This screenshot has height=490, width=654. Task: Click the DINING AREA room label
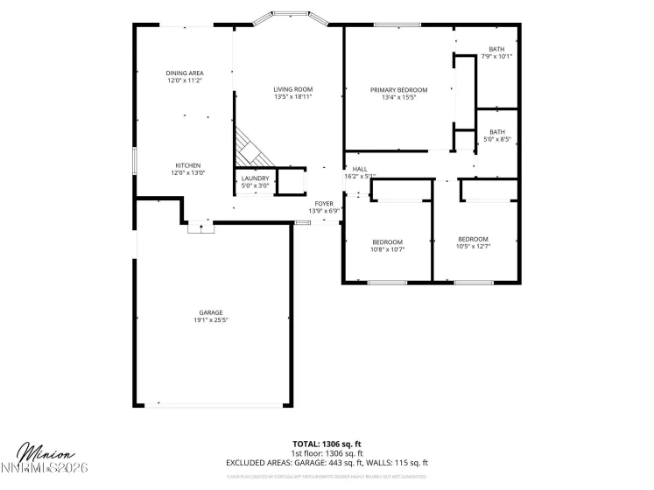[x=185, y=73]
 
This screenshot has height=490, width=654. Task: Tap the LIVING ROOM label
[x=292, y=89]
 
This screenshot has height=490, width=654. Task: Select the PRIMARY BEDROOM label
[x=398, y=90]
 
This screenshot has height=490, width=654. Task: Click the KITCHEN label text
[x=188, y=165]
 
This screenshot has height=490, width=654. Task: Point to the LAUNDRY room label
[x=255, y=178]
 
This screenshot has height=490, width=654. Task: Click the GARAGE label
[x=210, y=312]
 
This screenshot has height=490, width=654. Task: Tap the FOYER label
[x=324, y=203]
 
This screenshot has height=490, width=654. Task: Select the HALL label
[x=360, y=169]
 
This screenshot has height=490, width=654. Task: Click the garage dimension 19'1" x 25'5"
[x=210, y=320]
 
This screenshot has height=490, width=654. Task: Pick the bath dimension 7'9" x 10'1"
[x=496, y=57]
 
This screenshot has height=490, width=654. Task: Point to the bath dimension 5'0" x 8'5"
[x=496, y=139]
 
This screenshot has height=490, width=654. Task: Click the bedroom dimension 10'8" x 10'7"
[x=387, y=249]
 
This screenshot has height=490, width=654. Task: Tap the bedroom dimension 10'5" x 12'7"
[x=473, y=247]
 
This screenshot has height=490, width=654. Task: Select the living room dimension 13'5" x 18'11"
[x=292, y=97]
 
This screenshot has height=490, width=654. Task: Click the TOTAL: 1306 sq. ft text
[x=327, y=443]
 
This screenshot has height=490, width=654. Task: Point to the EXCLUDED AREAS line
[x=327, y=462]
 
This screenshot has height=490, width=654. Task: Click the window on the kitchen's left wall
[x=134, y=163]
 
